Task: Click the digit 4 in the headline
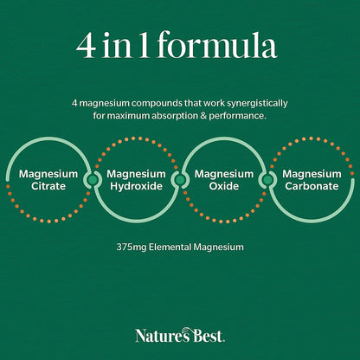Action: pos(86,46)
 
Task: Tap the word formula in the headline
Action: pos(217,44)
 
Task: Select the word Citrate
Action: pos(48,186)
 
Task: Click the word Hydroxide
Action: pos(137,186)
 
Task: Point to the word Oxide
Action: pos(224,186)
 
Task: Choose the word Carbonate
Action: pos(312,186)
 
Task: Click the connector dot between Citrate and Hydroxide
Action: pos(93,180)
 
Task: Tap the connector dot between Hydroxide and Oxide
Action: pos(180,180)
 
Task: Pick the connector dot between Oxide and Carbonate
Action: pos(268,180)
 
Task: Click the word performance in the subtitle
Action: pos(236,116)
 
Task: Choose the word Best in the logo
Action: pos(209,337)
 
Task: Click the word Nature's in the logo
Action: pos(164,336)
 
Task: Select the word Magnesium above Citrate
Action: pos(48,174)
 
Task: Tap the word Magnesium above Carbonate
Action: pos(312,174)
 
